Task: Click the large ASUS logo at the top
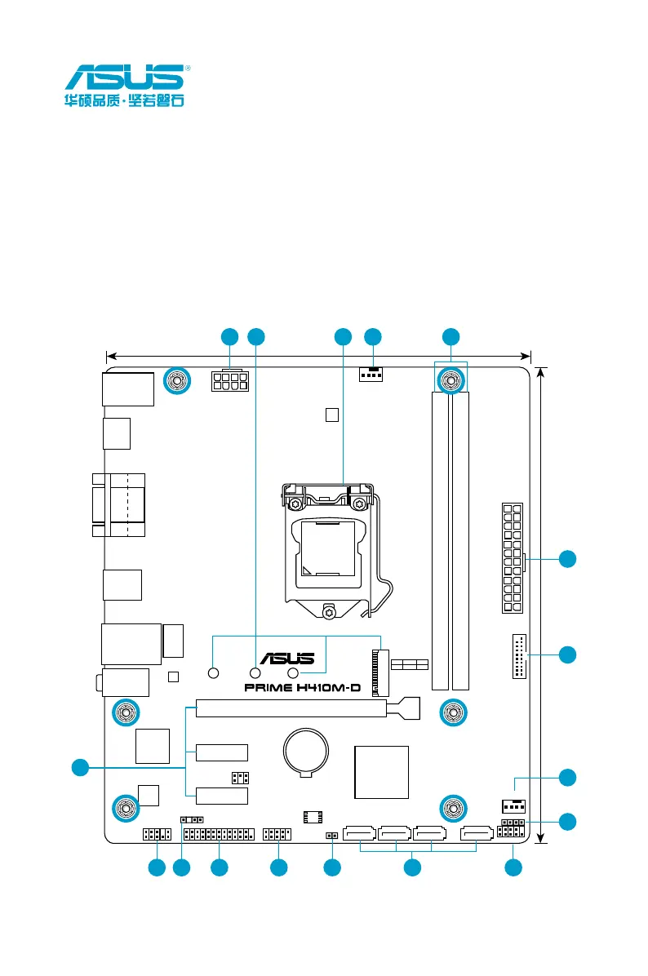(124, 79)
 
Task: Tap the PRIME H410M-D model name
(302, 688)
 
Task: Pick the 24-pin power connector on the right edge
(513, 558)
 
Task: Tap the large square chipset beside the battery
(381, 771)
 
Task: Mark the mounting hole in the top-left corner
(177, 379)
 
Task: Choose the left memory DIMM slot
(442, 539)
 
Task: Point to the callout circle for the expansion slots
(79, 767)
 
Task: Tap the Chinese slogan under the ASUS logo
(124, 104)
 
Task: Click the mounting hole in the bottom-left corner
(125, 808)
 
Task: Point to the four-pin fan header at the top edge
(372, 375)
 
